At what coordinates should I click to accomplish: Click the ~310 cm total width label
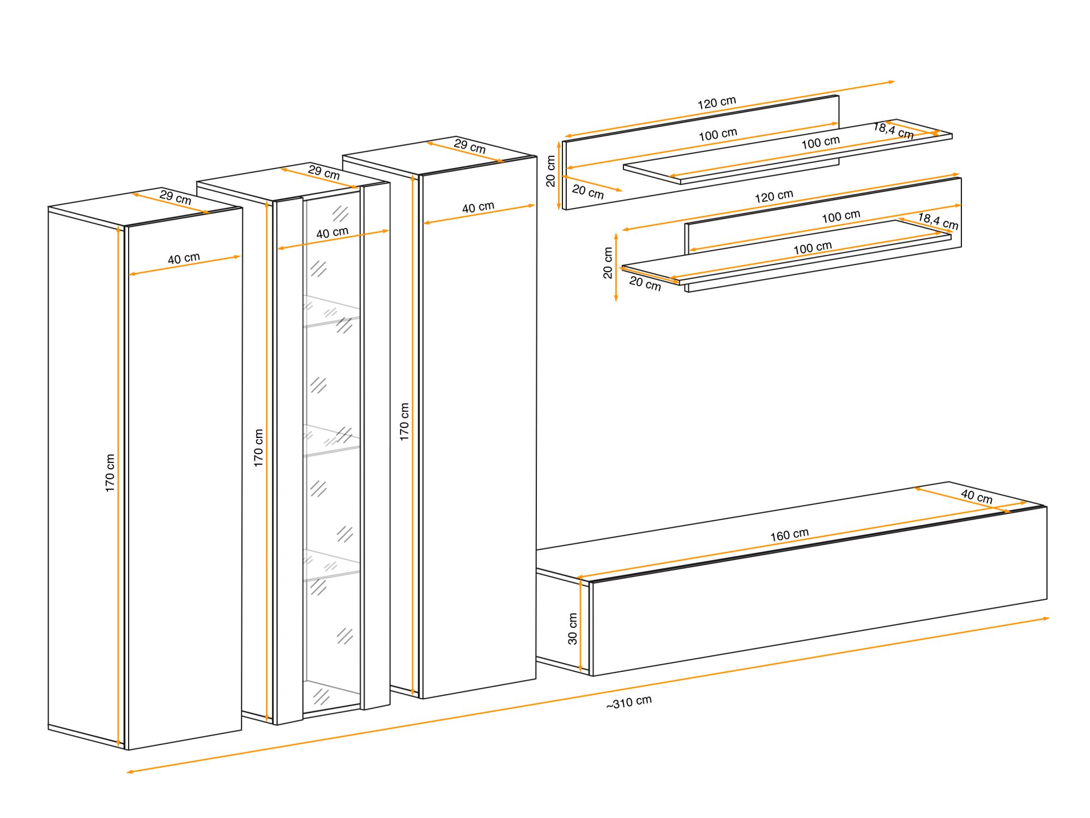(629, 702)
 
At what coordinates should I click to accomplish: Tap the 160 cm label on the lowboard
(789, 535)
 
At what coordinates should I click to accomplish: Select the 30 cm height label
(572, 629)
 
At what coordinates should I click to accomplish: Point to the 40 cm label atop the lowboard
(977, 496)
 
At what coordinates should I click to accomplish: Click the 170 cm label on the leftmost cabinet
(110, 473)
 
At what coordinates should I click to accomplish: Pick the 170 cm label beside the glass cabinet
(258, 448)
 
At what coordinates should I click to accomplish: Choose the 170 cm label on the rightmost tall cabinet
(404, 422)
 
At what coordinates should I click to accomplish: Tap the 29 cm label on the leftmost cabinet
(175, 197)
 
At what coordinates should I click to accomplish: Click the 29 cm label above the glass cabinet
(324, 172)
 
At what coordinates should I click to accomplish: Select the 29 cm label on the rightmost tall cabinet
(470, 146)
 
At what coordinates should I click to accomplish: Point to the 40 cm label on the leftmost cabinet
(184, 258)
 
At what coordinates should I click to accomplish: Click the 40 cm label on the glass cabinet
(332, 232)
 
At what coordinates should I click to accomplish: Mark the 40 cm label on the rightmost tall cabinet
(478, 207)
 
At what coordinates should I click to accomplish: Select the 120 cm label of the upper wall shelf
(717, 103)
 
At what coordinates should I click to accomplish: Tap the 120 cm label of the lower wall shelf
(774, 196)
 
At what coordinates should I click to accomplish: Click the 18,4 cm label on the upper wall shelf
(894, 131)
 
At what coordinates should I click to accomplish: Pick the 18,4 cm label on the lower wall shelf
(938, 221)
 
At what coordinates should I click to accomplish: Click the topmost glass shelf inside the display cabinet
(331, 311)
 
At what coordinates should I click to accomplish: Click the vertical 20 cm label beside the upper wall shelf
(550, 171)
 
